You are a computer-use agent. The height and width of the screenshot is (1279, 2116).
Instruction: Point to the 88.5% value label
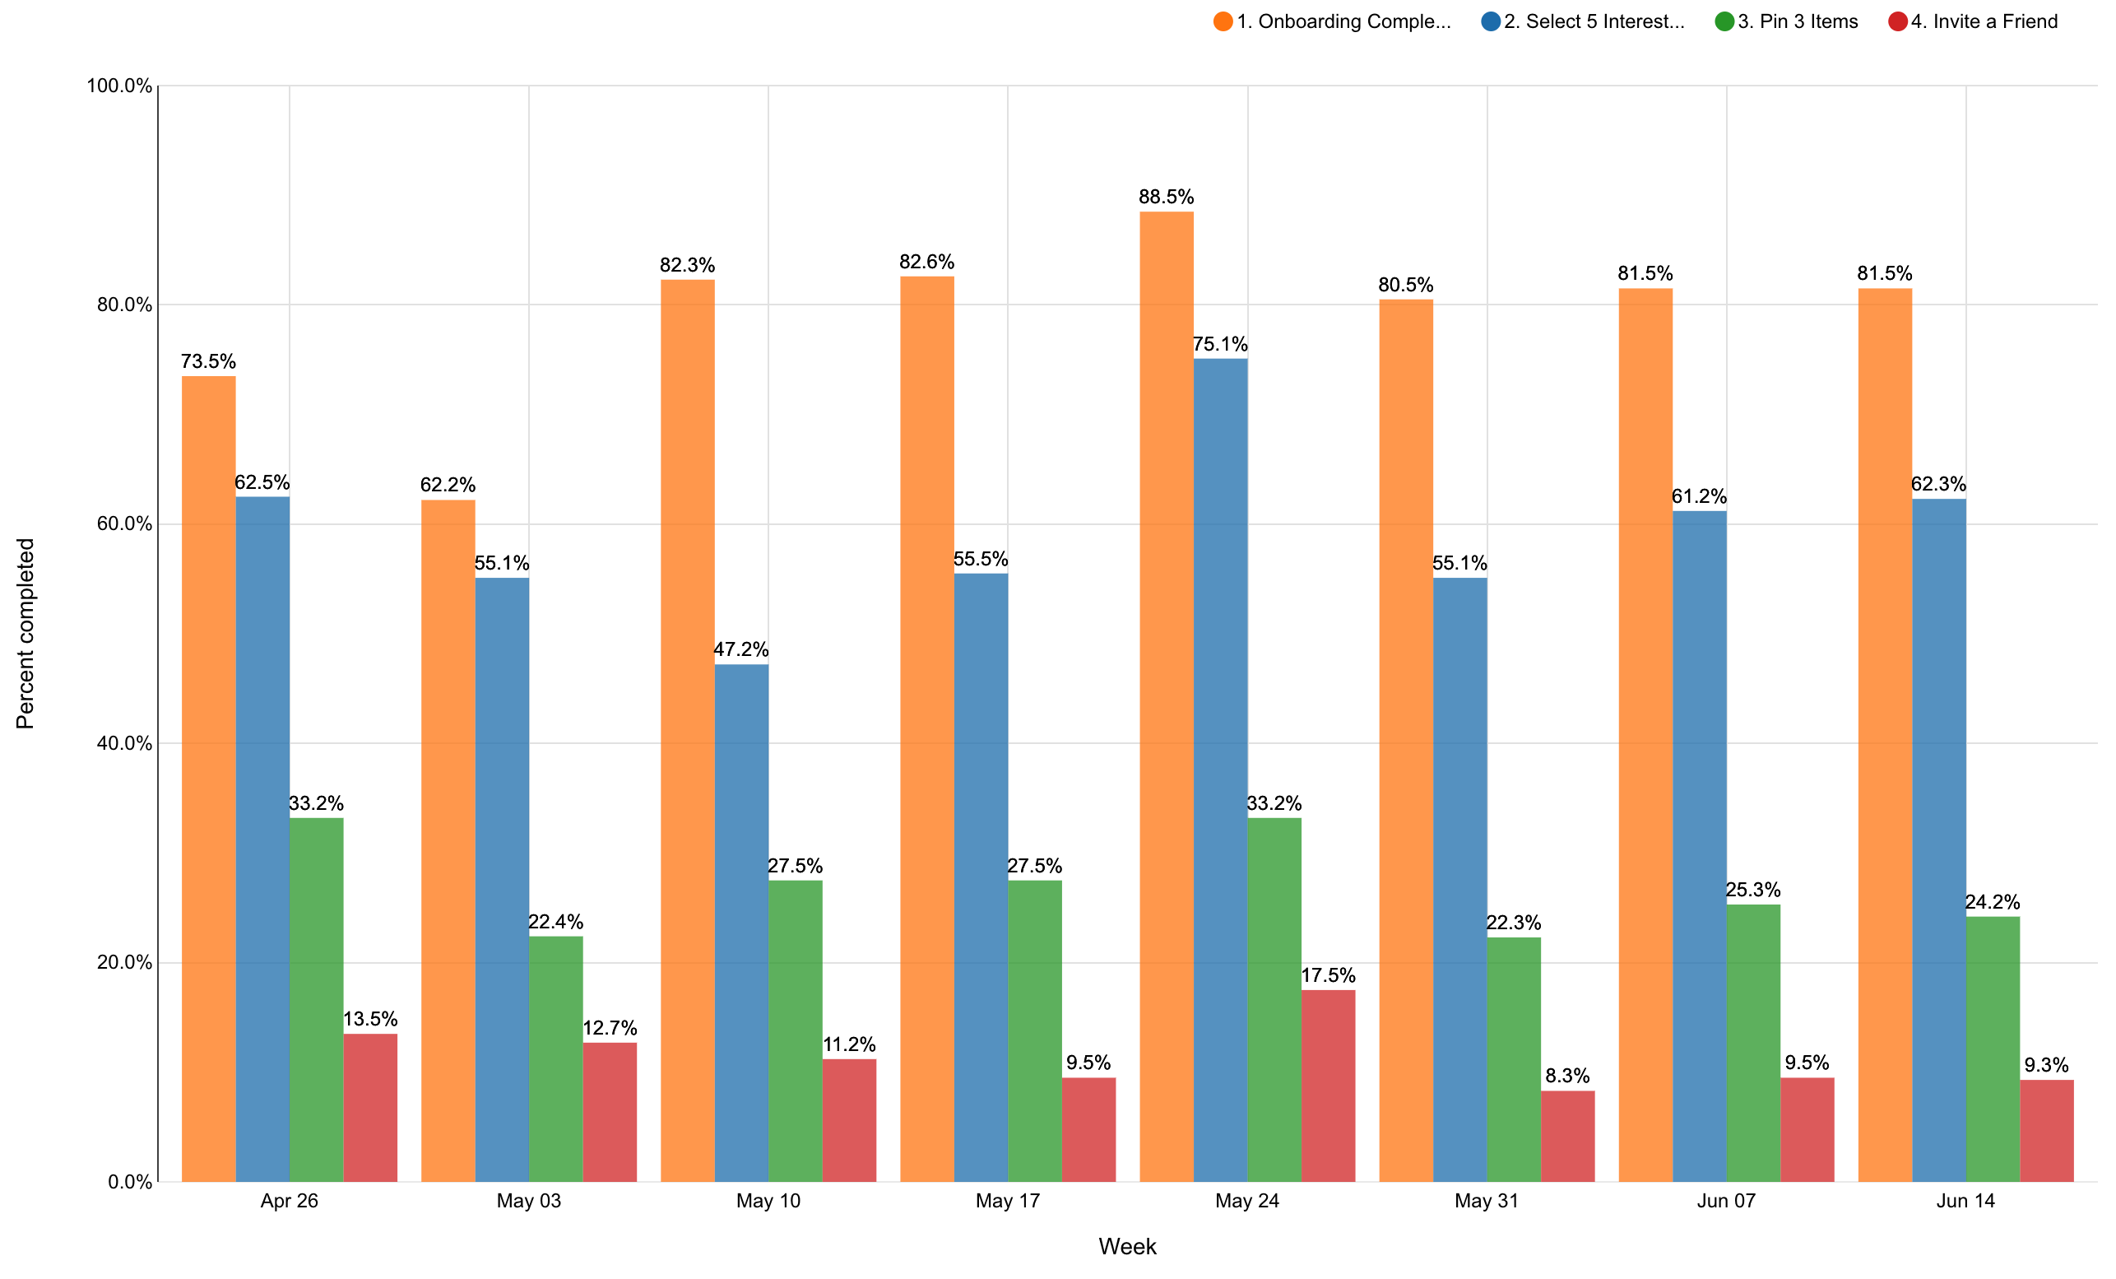tap(1167, 197)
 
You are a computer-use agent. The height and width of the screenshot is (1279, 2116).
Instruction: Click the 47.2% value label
tap(741, 649)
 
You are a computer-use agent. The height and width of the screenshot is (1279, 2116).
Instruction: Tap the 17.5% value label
tap(1328, 975)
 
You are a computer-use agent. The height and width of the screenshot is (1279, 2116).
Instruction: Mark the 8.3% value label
tap(1567, 1076)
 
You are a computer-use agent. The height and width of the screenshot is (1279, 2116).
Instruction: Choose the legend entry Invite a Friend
tap(1983, 21)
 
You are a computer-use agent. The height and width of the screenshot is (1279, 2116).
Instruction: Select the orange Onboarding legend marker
tap(1223, 21)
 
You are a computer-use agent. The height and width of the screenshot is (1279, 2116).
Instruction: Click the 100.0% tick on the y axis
tap(119, 86)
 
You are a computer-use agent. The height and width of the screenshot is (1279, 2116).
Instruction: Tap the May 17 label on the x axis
tap(1007, 1201)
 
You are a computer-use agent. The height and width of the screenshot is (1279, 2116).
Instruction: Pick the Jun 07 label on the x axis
tap(1726, 1201)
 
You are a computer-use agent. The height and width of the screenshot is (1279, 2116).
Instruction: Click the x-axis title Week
tap(1127, 1246)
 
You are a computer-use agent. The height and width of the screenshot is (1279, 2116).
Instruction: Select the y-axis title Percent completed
tap(26, 633)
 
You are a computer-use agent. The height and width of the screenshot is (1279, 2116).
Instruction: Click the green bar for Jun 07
tap(1752, 1043)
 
